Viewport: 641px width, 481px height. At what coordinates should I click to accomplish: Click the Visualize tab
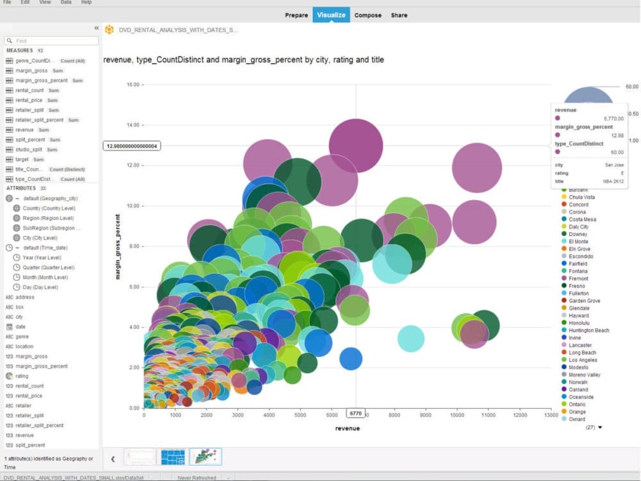click(x=331, y=15)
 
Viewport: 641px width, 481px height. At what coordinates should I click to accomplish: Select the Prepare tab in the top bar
click(x=296, y=15)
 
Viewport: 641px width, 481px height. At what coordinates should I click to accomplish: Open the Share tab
click(x=399, y=15)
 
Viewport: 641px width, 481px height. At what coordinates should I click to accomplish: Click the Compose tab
click(x=368, y=15)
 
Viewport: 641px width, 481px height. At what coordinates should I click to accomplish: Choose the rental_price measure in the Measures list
click(x=29, y=100)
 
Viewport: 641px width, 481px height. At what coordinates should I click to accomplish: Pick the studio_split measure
click(x=29, y=149)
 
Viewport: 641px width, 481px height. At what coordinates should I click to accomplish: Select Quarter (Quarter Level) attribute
click(x=49, y=267)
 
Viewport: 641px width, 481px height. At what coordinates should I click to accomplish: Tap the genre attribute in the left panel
click(x=22, y=337)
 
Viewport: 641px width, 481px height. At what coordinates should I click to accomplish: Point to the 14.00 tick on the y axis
click(x=133, y=125)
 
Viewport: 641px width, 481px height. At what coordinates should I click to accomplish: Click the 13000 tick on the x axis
click(x=551, y=416)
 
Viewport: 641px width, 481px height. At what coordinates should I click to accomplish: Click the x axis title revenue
click(x=347, y=428)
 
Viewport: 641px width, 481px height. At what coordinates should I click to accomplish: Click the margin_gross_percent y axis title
click(x=117, y=246)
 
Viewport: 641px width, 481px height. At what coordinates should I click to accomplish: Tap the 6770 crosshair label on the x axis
click(x=356, y=414)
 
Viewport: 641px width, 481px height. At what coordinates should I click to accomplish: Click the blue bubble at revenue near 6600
click(x=351, y=359)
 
